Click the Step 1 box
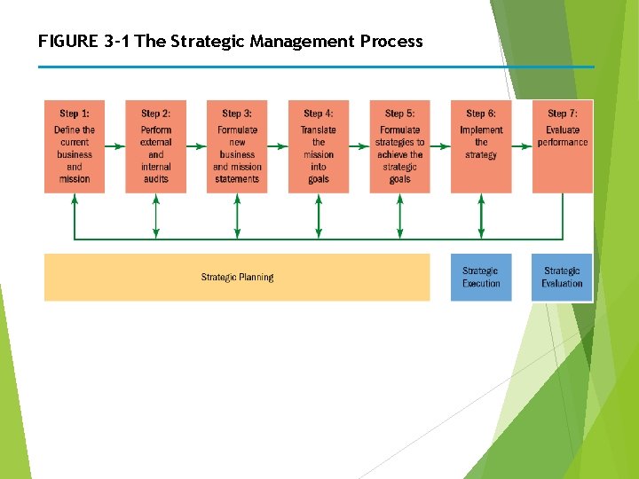click(75, 146)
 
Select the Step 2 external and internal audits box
click(156, 146)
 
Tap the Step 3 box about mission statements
click(237, 146)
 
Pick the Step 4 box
click(319, 146)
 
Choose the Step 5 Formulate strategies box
click(400, 146)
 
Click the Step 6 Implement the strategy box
click(481, 146)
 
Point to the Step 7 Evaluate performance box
click(563, 146)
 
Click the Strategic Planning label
click(237, 278)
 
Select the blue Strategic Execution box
click(481, 278)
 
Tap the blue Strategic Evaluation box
click(563, 278)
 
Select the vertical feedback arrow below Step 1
click(75, 216)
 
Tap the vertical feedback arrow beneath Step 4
click(319, 216)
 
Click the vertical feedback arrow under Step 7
click(563, 216)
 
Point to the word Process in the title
click(391, 42)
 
